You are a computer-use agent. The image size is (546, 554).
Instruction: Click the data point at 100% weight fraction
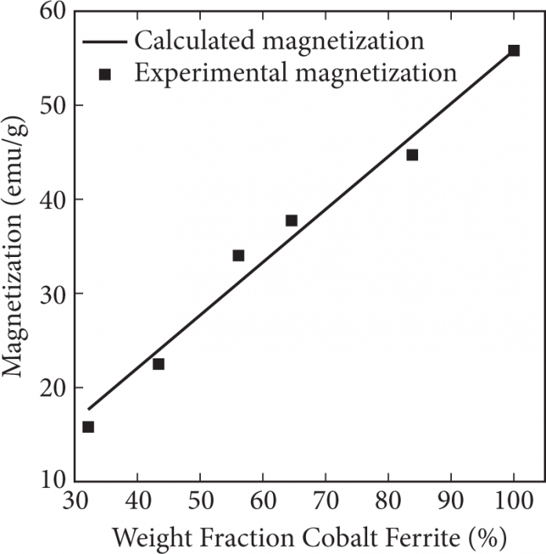pyautogui.click(x=514, y=50)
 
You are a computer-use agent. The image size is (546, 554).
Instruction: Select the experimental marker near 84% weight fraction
pyautogui.click(x=412, y=155)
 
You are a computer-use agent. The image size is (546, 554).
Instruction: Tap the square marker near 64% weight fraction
pyautogui.click(x=291, y=221)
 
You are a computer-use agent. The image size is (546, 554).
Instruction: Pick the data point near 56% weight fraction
pyautogui.click(x=238, y=255)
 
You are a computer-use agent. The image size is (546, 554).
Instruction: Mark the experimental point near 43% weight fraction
pyautogui.click(x=158, y=364)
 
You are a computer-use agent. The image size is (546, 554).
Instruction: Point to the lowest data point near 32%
pyautogui.click(x=88, y=427)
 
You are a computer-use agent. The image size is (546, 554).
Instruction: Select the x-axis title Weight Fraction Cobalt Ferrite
pyautogui.click(x=310, y=538)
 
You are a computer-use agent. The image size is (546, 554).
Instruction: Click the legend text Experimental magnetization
pyautogui.click(x=295, y=73)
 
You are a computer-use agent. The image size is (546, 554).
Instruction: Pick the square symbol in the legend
pyautogui.click(x=104, y=74)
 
